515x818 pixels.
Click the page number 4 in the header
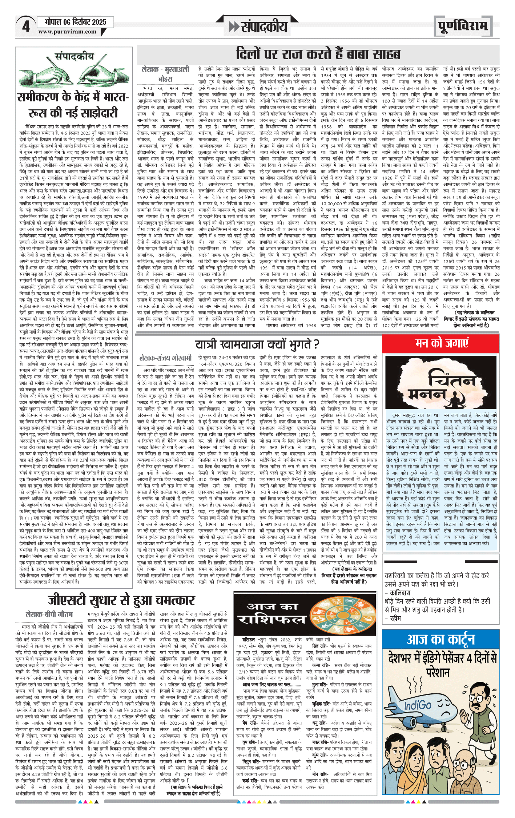tap(25, 27)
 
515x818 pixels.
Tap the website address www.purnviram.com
tap(67, 32)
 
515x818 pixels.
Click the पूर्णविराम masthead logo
tap(463, 27)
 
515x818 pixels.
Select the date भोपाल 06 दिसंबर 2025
tap(75, 22)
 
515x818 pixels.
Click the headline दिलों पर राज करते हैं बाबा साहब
tap(318, 55)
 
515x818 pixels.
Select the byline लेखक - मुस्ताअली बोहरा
tap(165, 74)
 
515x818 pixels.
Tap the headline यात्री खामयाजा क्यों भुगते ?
tap(257, 344)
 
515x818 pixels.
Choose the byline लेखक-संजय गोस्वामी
tap(166, 358)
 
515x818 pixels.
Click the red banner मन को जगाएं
tap(442, 343)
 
